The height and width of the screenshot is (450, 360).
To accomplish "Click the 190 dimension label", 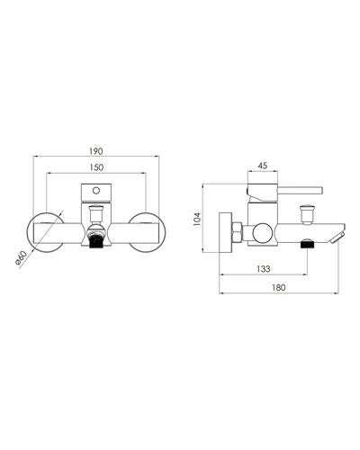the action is pos(96,151).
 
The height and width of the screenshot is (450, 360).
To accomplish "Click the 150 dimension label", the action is pos(96,167).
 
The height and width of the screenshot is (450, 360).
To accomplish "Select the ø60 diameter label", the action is pos(21,258).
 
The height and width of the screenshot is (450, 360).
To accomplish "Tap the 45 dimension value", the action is pos(263,166).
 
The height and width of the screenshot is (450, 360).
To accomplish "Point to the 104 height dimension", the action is pos(197,219).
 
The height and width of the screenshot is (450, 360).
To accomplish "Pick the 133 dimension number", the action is pos(264,269).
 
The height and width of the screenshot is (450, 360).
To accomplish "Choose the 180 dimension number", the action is pos(279,288).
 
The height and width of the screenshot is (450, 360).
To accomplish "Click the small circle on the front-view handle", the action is pos(96,191).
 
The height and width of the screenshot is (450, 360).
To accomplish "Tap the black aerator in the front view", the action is pos(96,241).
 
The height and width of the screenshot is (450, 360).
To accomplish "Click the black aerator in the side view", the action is pos(307,242).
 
